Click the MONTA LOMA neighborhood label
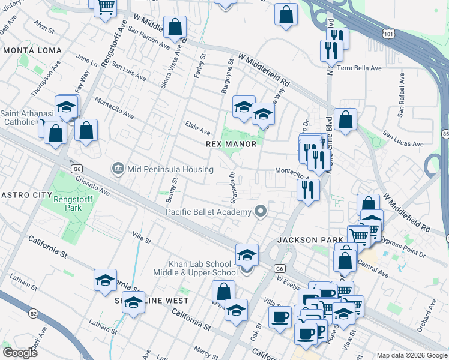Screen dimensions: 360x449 pyautogui.click(x=25, y=51)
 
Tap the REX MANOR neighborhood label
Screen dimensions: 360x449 pyautogui.click(x=231, y=144)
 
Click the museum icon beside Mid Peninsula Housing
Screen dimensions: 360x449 pyautogui.click(x=118, y=169)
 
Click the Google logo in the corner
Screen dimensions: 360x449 pyautogui.click(x=20, y=352)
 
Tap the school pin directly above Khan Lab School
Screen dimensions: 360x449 pyautogui.click(x=247, y=254)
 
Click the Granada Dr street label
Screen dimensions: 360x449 pyautogui.click(x=232, y=187)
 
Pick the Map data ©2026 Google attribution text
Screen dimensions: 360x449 pyautogui.click(x=411, y=355)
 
